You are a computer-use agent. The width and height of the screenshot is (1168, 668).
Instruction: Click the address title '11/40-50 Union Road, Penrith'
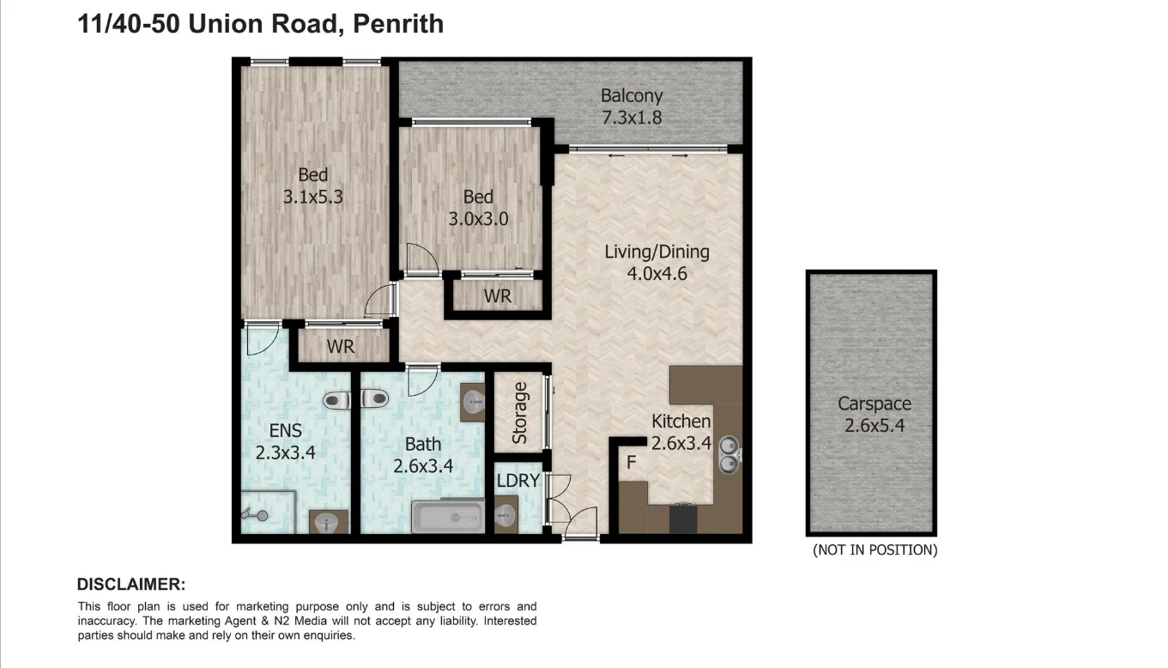pos(261,23)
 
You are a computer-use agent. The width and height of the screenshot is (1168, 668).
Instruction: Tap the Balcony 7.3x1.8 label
pos(631,106)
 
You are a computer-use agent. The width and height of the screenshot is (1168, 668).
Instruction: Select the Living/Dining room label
pos(657,263)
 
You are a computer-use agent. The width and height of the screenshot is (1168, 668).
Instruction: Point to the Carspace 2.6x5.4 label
pos(874,414)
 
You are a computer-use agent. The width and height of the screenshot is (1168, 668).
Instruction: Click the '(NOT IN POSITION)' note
pos(874,550)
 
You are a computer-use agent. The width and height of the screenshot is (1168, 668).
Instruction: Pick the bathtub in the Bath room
pos(447,517)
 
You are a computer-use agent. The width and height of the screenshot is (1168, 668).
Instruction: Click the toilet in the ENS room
pos(336,400)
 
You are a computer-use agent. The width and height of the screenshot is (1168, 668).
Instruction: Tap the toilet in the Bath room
pos(375,398)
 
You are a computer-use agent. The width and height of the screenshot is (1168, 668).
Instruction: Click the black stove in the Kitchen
pos(682,519)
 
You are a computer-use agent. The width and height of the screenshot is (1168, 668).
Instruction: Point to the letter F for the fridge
pos(631,463)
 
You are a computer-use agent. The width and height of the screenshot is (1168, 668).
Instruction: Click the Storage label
pos(519,413)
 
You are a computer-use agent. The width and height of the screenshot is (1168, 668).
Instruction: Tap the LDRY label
pos(518,481)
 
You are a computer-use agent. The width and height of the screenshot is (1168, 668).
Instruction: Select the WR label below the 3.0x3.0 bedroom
pos(497,296)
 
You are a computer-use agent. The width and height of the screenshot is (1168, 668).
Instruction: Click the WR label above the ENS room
pos(341,348)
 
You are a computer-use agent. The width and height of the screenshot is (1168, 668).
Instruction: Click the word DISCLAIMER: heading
pos(131,585)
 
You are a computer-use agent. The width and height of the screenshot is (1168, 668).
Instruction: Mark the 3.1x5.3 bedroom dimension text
pos(312,197)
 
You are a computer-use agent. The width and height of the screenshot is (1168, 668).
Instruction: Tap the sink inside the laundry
pos(505,516)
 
